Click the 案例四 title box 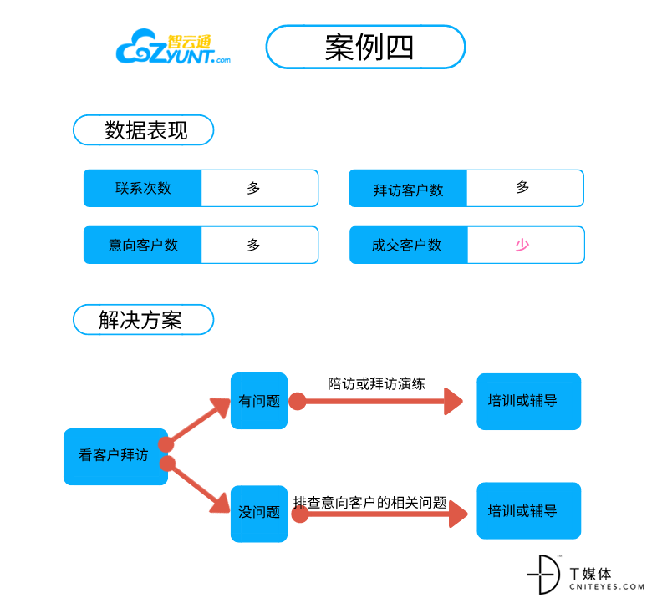click(365, 47)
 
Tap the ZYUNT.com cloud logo click(173, 47)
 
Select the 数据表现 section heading click(144, 130)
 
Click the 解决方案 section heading click(144, 320)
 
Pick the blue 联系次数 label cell click(143, 188)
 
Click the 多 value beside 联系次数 click(253, 188)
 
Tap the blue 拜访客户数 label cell click(408, 188)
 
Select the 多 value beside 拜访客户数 click(522, 187)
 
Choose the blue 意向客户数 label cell click(143, 246)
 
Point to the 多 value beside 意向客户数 click(253, 245)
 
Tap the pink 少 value click(522, 245)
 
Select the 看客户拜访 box click(115, 457)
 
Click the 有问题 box click(259, 401)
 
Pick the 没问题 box click(259, 514)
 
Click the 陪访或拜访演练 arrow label click(376, 383)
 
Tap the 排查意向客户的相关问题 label click(369, 503)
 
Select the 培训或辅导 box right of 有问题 click(529, 402)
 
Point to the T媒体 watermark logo click(585, 575)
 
